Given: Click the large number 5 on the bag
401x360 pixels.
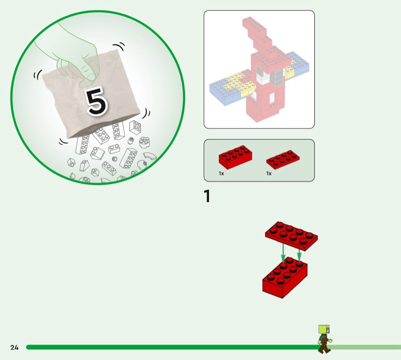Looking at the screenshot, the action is [96, 101].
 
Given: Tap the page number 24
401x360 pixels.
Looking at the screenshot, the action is [15, 347].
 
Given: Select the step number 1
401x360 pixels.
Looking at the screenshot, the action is [207, 196].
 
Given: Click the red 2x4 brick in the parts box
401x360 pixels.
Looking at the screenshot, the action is [235, 157].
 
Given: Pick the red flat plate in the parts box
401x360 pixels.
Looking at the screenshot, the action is [283, 160].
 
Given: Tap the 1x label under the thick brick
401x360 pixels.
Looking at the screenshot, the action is [221, 174].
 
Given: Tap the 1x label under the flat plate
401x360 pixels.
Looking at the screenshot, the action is [269, 174].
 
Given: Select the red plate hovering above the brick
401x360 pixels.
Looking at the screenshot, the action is [291, 236].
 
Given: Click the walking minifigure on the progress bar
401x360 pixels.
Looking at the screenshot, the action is [324, 339].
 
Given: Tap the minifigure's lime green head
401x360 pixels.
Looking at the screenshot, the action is [324, 329].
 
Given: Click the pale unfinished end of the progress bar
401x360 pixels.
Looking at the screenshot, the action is [366, 347].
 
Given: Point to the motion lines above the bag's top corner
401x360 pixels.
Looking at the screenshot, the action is [119, 47].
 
